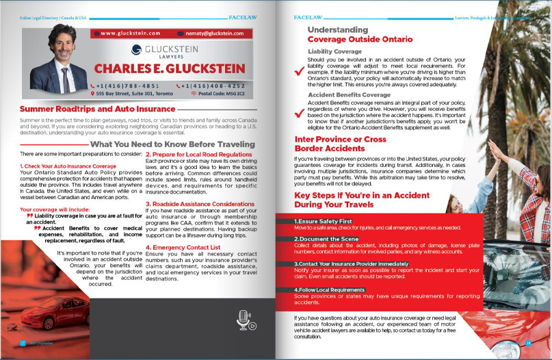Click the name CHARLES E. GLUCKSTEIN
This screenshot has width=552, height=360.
click(169, 68)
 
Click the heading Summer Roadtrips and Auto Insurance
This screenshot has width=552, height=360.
click(97, 109)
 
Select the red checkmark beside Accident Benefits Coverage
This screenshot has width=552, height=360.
click(297, 113)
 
